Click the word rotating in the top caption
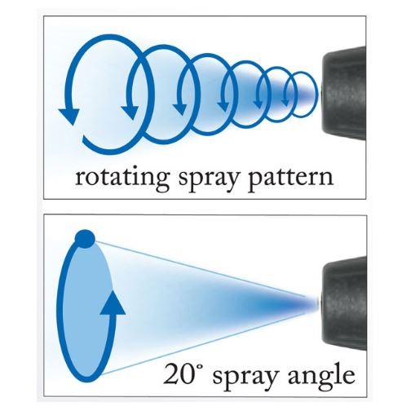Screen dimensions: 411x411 point(122,178)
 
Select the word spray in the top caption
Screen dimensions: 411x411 point(209,179)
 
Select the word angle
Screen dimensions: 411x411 point(321,378)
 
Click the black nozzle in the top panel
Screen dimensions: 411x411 point(344,93)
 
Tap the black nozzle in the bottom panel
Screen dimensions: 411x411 point(344,303)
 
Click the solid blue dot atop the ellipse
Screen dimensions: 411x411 point(85,239)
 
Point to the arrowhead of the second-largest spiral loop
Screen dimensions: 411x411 point(130,112)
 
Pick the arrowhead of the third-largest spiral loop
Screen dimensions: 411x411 point(179,108)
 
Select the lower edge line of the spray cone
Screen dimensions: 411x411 point(204,344)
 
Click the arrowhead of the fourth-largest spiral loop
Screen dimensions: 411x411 point(223,105)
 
